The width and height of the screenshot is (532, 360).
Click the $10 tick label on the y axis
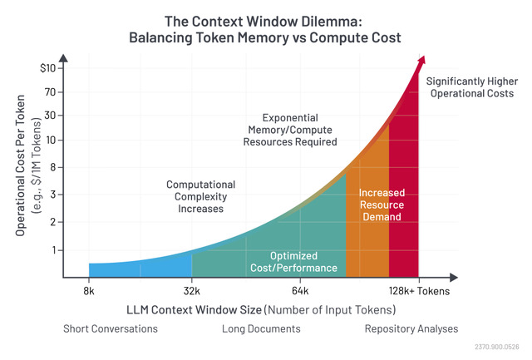point(47,68)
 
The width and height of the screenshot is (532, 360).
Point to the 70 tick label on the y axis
point(50,92)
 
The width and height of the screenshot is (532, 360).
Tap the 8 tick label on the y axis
point(52,167)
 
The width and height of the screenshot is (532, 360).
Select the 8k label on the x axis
point(89,291)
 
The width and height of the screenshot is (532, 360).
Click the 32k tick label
point(192,291)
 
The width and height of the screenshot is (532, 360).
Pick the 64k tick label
point(300,291)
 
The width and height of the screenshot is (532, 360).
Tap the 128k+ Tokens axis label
point(419,291)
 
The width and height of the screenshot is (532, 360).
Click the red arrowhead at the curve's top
point(421,61)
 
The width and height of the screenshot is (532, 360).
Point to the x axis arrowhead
point(454,278)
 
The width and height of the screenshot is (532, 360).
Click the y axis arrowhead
point(63,58)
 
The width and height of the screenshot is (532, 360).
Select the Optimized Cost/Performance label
point(293,262)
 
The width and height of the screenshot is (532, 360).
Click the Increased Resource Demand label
point(382,205)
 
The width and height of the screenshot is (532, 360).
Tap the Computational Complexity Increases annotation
point(200,196)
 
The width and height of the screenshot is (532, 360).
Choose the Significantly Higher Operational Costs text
point(472,87)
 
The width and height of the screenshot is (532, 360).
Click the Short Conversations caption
point(111,328)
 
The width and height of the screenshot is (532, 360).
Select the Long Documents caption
point(261,328)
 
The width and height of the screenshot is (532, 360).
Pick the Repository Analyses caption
point(411,328)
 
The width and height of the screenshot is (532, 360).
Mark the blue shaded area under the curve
point(140,269)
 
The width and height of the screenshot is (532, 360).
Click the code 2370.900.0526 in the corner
point(497,347)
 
